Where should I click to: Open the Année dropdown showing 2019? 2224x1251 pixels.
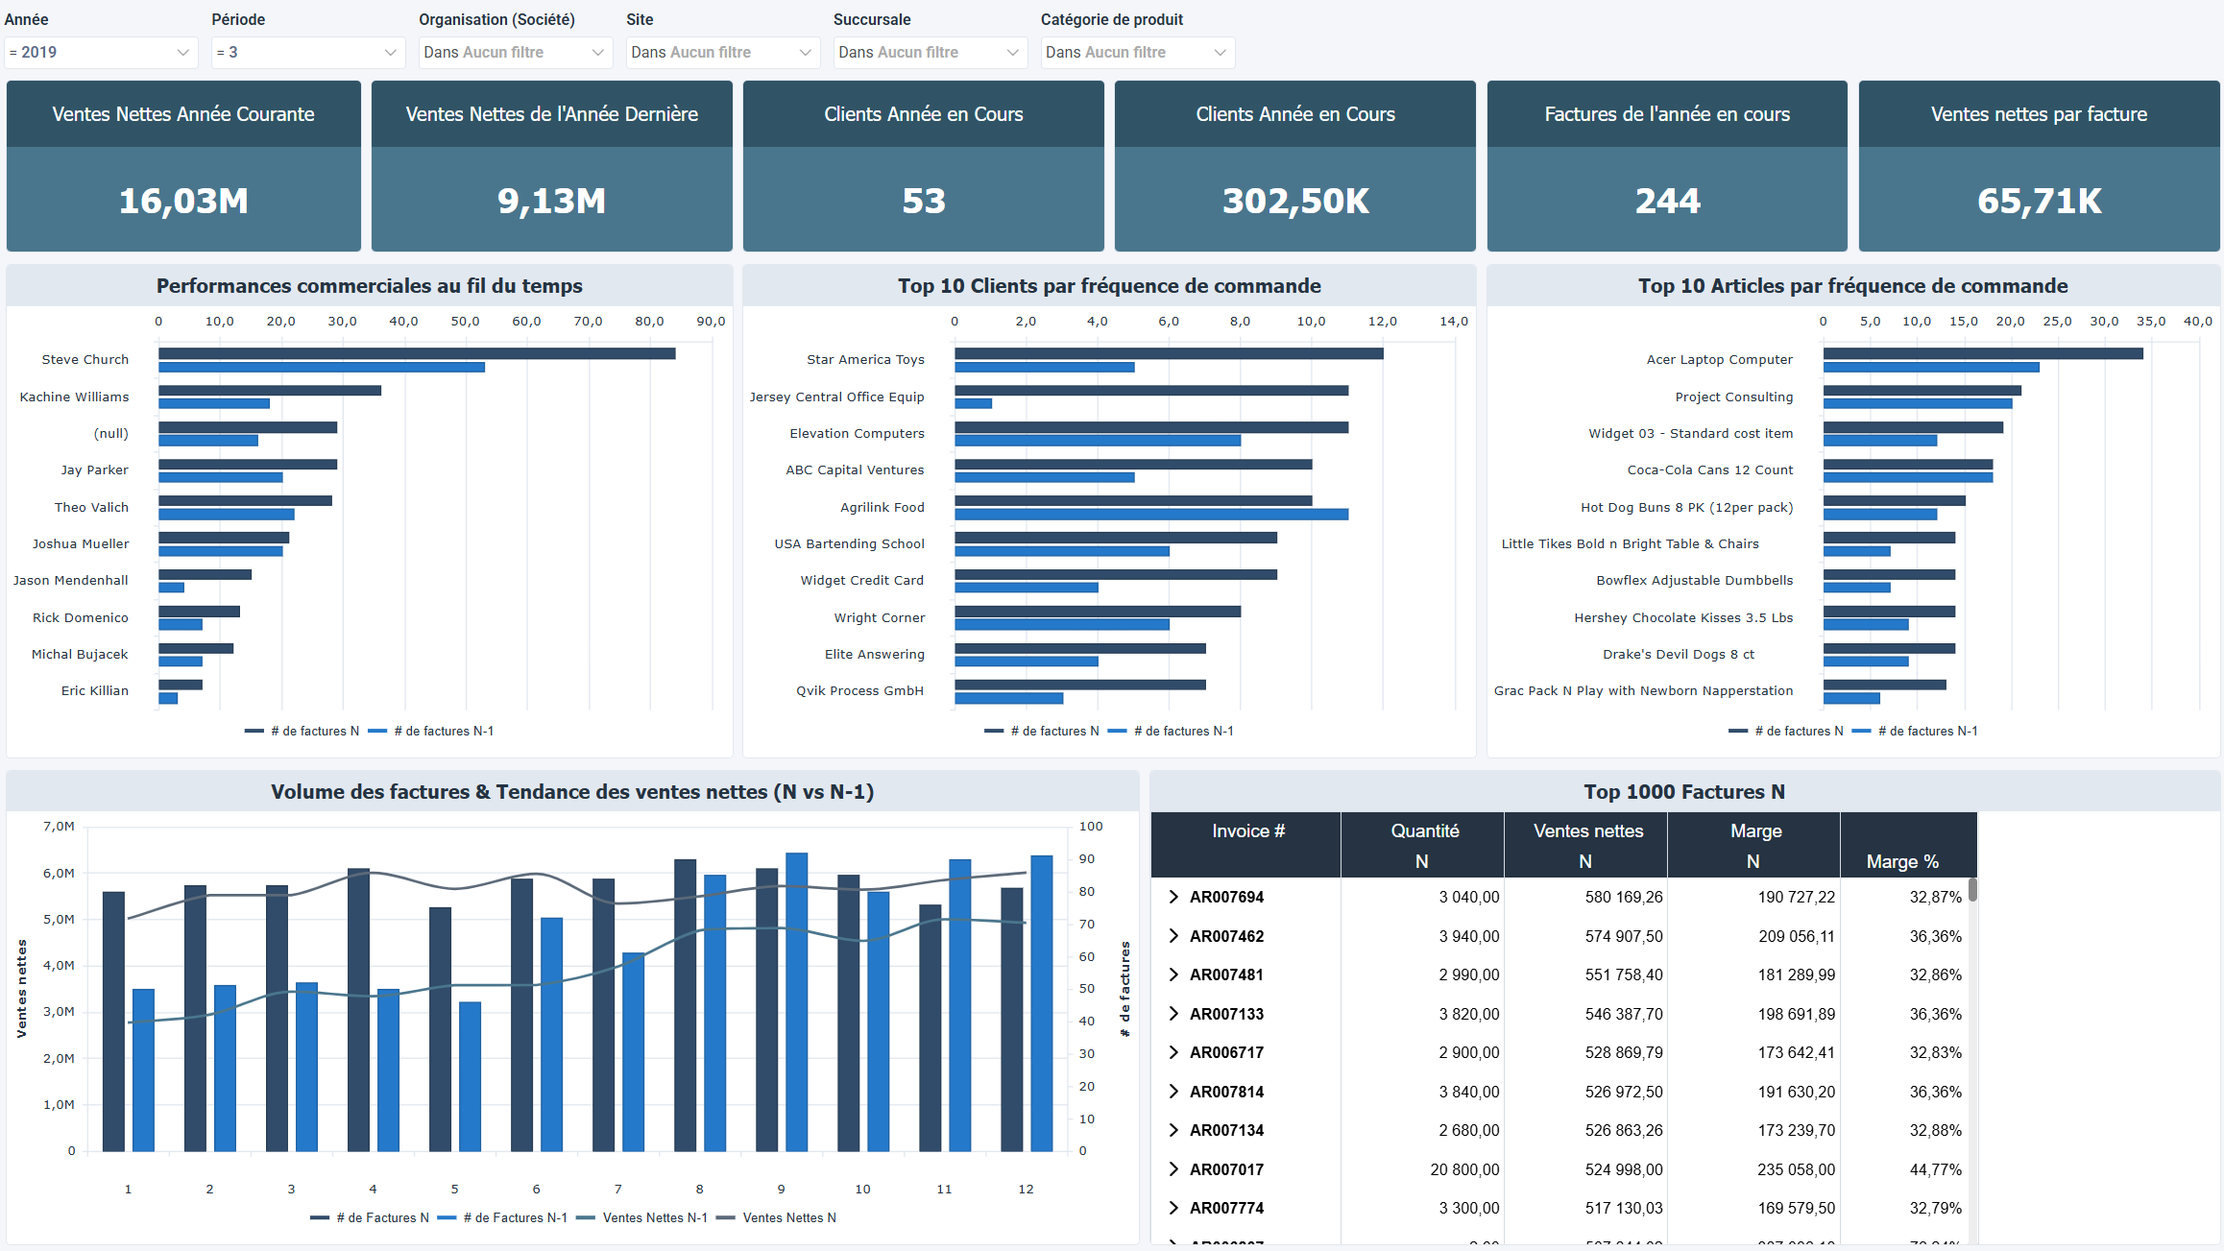(101, 53)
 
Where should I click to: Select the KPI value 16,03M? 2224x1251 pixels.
(183, 201)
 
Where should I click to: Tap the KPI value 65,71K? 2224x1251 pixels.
(2039, 201)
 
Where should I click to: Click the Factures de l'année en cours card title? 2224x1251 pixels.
(1667, 114)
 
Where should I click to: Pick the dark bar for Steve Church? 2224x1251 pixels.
(417, 353)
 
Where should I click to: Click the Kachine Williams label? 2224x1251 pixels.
(74, 397)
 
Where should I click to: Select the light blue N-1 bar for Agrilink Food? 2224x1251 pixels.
(1151, 515)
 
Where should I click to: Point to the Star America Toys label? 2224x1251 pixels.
(865, 359)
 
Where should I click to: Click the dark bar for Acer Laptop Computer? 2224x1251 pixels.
(1983, 353)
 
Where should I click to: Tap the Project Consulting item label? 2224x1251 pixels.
(1733, 397)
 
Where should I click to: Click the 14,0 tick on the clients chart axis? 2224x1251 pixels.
(1454, 322)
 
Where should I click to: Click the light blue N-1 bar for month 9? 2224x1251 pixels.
(797, 1001)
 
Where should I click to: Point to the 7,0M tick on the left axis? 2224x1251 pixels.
(59, 826)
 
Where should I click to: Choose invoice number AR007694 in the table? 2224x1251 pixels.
(1226, 897)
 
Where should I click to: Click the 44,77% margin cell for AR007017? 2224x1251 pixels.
(1935, 1169)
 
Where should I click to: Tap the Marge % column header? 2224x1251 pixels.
(1901, 861)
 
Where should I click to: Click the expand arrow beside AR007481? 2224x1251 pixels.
(1172, 974)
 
